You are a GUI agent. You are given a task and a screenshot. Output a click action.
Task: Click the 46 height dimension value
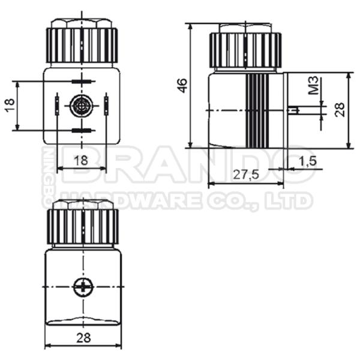(182, 85)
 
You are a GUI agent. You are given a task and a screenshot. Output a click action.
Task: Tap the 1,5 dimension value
(307, 160)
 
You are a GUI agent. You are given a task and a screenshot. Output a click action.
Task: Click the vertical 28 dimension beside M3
(340, 109)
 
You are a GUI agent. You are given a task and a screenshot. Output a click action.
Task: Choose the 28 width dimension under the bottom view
(83, 337)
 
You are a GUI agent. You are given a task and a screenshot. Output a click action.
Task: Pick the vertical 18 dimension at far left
(9, 106)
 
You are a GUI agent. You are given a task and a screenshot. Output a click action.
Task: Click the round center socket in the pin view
(80, 106)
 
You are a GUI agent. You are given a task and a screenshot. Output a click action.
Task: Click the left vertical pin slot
(56, 105)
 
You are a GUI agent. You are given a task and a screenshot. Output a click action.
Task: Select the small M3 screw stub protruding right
(293, 110)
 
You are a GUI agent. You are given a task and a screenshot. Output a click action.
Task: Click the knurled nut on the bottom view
(83, 226)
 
